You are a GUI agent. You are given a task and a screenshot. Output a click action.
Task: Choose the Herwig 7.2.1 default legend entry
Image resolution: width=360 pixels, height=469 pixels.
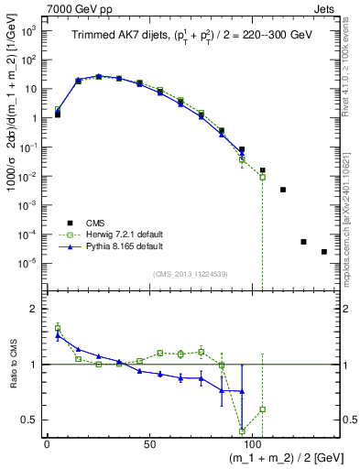tap(125, 234)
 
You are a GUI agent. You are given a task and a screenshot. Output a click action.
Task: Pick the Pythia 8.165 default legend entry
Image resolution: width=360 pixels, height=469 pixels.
tap(124, 246)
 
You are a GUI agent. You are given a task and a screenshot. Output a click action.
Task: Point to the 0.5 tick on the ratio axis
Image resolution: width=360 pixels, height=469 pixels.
tap(29, 420)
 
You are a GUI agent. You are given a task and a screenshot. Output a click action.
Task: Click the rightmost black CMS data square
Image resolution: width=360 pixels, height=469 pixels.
tap(324, 252)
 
